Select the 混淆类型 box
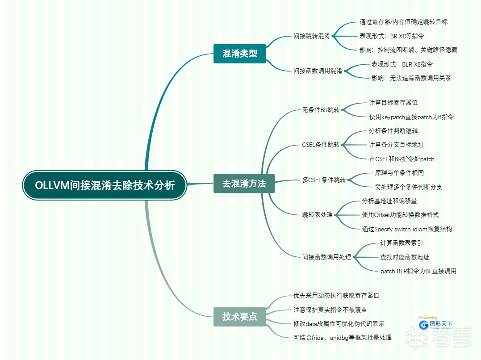[x=240, y=54]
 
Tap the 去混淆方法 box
[x=244, y=184]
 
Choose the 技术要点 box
[x=240, y=316]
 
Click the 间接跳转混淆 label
[x=312, y=36]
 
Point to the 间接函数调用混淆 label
[x=318, y=71]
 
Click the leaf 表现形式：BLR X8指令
[x=402, y=64]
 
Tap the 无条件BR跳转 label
[x=321, y=109]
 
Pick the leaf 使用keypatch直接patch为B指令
[x=411, y=117]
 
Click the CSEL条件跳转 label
[x=321, y=145]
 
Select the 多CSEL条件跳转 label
[x=324, y=180]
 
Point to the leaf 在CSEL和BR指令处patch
[x=402, y=159]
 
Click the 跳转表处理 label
[x=318, y=214]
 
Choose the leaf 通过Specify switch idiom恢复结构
[x=407, y=229]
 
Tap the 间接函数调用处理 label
[x=326, y=257]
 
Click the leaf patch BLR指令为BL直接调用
[x=418, y=271]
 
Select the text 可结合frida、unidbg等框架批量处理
[x=342, y=337]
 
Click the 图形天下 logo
[x=436, y=324]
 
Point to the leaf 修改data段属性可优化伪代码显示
[x=339, y=323]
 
